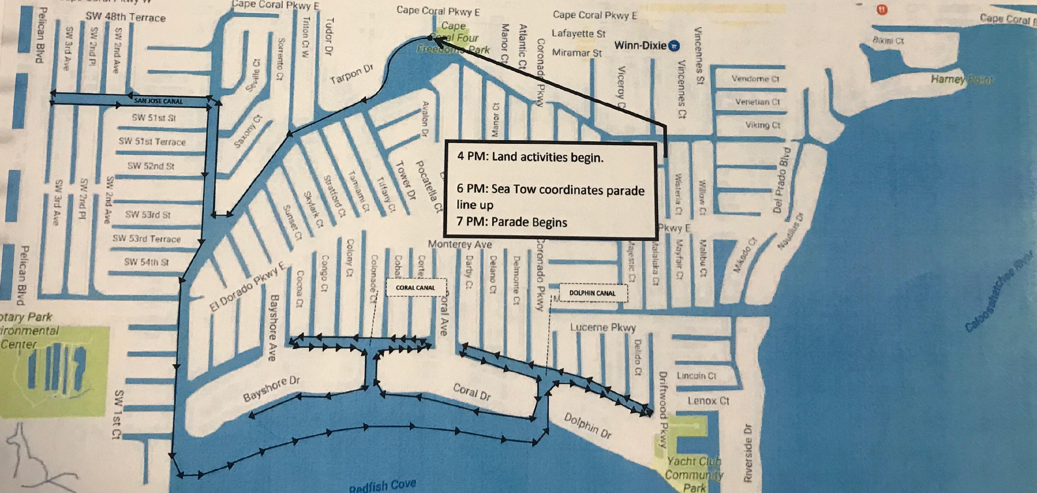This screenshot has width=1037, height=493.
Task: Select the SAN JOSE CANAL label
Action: [158, 101]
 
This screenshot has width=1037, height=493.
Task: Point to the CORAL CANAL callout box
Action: [415, 287]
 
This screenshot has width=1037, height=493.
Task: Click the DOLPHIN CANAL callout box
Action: [592, 293]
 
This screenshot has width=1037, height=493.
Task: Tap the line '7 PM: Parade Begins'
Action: [512, 222]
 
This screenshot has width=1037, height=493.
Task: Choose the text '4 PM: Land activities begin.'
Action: [531, 157]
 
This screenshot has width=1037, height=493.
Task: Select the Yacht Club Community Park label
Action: [694, 474]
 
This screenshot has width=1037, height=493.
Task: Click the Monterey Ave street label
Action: [460, 244]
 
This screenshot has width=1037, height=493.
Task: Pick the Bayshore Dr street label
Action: [272, 389]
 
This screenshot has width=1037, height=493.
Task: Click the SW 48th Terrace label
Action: [125, 17]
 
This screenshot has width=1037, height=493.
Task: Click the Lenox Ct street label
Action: [708, 401]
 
